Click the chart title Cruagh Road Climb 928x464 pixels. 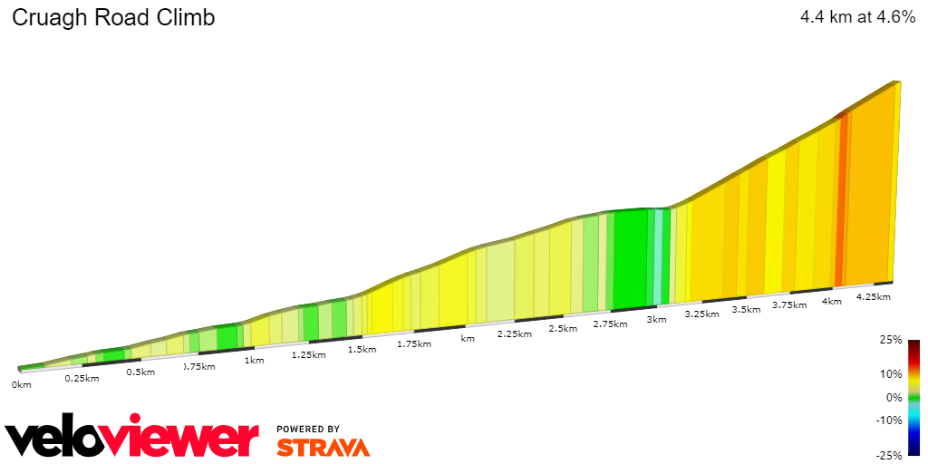click(x=113, y=17)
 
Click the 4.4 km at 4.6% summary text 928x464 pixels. click(x=857, y=17)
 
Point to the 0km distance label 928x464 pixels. click(x=21, y=384)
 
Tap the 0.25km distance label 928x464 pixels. click(x=82, y=378)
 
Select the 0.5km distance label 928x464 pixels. click(x=140, y=372)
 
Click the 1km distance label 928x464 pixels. click(x=254, y=360)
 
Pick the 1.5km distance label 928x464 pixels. click(x=362, y=349)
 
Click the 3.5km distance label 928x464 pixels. click(x=746, y=309)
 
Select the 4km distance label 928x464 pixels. click(x=831, y=301)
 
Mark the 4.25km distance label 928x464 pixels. click(x=873, y=296)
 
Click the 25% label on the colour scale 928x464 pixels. click(x=891, y=340)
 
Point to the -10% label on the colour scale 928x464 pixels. click(x=889, y=420)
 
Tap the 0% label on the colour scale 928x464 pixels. click(x=894, y=397)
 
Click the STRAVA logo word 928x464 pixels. click(x=324, y=448)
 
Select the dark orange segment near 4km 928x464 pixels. click(x=840, y=199)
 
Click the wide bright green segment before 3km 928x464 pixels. click(x=631, y=258)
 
